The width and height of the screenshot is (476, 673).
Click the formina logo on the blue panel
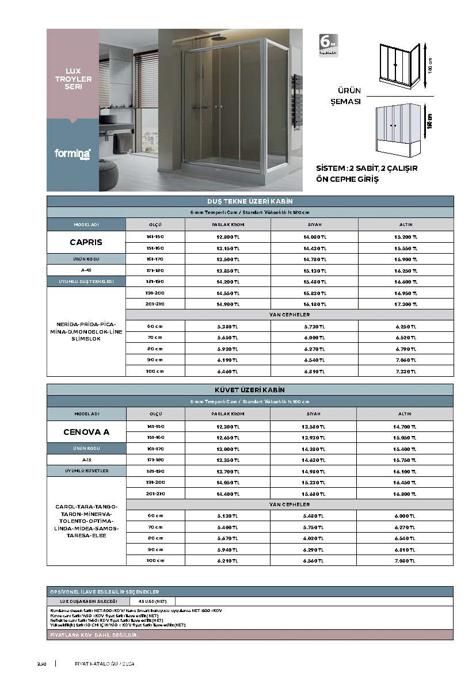(x=73, y=154)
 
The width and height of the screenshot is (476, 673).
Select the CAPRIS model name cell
(x=86, y=242)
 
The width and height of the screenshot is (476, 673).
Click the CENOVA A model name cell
(x=86, y=431)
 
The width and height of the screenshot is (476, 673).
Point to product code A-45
(x=86, y=270)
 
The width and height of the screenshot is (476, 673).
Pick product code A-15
(x=86, y=460)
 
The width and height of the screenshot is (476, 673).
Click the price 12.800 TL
(x=227, y=236)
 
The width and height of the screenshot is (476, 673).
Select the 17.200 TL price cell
(x=406, y=303)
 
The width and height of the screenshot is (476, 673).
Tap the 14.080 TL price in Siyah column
(x=314, y=236)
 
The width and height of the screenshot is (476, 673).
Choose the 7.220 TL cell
(x=406, y=371)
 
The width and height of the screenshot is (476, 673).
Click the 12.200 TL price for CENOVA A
(x=227, y=426)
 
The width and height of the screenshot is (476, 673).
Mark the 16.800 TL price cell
(x=405, y=493)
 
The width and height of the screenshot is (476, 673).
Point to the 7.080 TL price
(x=405, y=560)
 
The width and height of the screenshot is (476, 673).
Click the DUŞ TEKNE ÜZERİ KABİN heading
(x=250, y=201)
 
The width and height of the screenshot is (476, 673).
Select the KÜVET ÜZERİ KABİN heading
(x=250, y=390)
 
